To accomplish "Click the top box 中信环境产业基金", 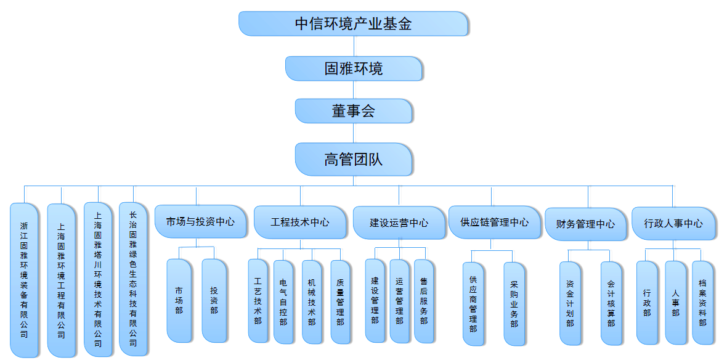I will pos(353,23).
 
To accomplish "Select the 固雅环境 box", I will pos(354,68).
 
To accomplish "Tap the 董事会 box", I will pos(354,111).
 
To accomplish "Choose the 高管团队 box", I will pos(354,160).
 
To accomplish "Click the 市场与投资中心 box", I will pos(200,221).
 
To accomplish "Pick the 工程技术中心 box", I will pos(299,222).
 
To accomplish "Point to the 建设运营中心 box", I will pos(399,223).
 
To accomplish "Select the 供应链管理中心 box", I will pos(494,222).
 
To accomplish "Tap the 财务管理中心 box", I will pos(585,224).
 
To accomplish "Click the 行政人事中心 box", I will pos(673,223).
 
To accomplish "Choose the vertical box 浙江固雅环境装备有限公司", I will pos(24,280).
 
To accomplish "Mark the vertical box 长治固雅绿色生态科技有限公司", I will pos(133,279).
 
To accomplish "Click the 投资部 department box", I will pos(214,300).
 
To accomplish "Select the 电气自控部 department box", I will pos(283,301).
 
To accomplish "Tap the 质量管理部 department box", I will pos(340,301).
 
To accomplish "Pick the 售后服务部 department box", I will pos(423,301).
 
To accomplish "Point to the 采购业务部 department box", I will pos(514,304).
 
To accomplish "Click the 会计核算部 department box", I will pos(611,304).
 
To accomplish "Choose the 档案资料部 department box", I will pos(702,302).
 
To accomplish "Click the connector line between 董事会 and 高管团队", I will pos(354,133).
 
